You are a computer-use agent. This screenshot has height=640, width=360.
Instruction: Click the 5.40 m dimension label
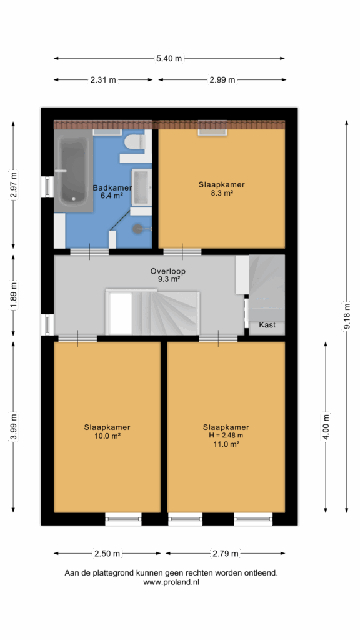(169, 58)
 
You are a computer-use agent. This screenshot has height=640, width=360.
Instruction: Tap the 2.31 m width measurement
(103, 80)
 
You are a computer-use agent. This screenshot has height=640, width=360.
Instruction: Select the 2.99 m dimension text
(222, 80)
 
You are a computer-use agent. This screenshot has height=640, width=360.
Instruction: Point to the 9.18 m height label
(347, 317)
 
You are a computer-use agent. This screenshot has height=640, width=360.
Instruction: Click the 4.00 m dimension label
(326, 426)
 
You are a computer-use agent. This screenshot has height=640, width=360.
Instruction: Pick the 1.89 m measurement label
(14, 296)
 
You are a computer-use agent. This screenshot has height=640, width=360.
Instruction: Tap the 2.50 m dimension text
(107, 554)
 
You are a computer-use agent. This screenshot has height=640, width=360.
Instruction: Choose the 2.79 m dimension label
(226, 554)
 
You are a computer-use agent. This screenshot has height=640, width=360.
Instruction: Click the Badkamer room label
(112, 188)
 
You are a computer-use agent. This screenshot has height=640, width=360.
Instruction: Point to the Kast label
(267, 325)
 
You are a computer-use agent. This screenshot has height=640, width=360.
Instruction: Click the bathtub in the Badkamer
(74, 171)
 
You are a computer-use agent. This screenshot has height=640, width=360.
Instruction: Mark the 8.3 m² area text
(222, 194)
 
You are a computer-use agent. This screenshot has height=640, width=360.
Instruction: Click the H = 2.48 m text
(226, 436)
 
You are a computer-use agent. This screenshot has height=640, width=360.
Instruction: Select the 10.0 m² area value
(107, 436)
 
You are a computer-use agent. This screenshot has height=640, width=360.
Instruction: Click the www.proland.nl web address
(171, 583)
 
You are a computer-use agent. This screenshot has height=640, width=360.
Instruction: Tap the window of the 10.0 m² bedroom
(123, 519)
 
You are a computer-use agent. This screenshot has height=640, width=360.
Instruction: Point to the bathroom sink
(141, 187)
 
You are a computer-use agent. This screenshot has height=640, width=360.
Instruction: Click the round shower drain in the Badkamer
(137, 229)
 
